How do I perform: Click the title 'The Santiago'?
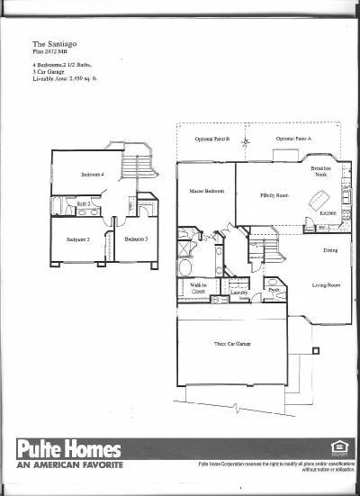53,41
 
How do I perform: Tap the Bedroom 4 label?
92,174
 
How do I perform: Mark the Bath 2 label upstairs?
84,205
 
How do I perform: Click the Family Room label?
274,194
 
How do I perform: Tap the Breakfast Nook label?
321,172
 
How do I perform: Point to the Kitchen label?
328,213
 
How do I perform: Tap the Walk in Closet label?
198,290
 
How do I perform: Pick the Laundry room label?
239,293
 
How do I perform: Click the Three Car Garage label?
231,345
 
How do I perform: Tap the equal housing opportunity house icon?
338,448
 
